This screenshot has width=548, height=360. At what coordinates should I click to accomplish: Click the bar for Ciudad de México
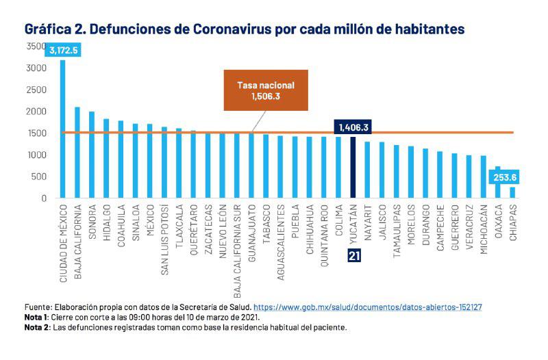pos(62,130)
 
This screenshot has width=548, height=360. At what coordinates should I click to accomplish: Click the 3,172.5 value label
pos(64,50)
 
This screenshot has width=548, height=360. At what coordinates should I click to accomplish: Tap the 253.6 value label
pos(505,177)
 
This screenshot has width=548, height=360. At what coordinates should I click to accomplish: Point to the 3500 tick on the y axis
pos(36,46)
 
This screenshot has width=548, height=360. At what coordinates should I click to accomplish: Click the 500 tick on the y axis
pos(40,177)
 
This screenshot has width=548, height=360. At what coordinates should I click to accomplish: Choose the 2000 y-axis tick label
pos(36,112)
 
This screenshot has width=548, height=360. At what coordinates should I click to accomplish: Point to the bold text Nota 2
pos(36,327)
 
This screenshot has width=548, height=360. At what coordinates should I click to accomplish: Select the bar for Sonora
pos(92,155)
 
